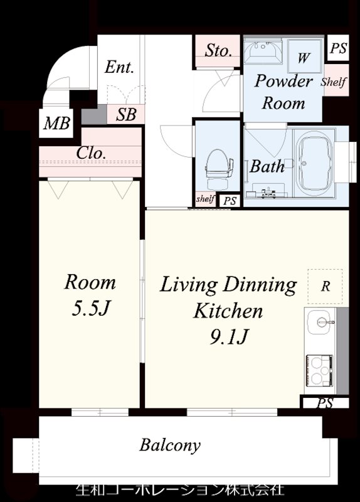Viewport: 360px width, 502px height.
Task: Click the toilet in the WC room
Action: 218,170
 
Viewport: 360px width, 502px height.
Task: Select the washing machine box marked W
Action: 305,56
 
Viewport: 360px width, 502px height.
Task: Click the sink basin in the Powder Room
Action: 263,52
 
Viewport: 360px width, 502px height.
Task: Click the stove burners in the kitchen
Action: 319,370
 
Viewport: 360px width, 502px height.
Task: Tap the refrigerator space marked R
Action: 325,286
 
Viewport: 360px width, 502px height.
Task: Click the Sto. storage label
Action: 218,51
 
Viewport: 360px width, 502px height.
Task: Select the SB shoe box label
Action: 126,115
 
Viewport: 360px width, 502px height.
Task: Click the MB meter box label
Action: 56,123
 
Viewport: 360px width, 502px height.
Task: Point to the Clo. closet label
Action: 91,153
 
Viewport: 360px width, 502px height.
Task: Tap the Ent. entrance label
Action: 119,67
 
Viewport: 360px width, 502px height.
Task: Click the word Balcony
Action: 170,446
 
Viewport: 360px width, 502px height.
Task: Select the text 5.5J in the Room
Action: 91,309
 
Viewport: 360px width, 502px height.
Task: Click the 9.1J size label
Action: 229,337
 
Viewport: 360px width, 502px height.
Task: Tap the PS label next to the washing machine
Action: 338,48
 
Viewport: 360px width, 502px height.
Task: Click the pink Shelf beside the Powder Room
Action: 334,82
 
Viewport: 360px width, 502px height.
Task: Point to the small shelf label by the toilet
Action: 205,199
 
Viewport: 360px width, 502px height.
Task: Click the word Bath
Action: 267,166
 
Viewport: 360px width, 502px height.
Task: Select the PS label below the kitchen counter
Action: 325,403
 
